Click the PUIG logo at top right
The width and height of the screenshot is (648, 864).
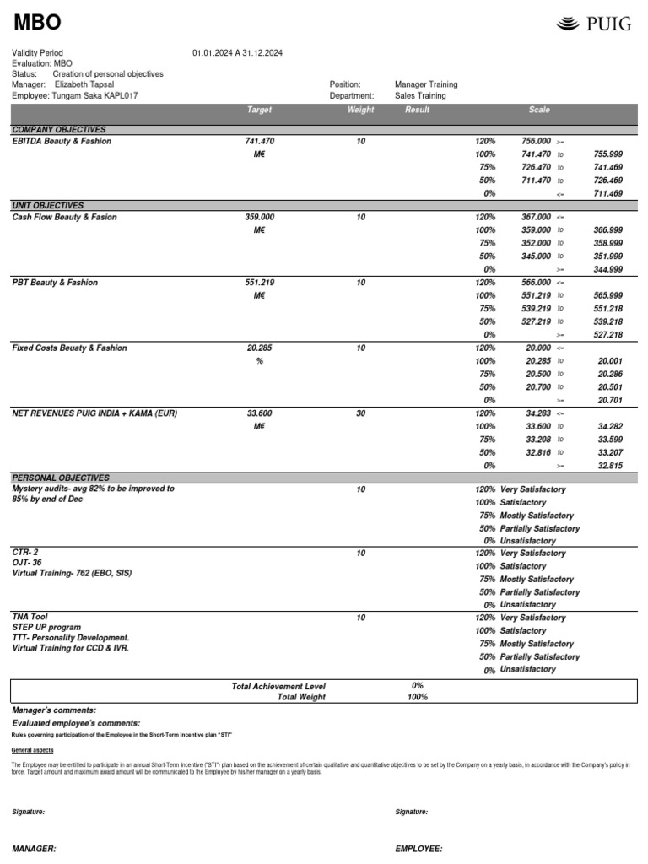point(594,24)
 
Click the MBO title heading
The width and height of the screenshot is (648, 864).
point(37,23)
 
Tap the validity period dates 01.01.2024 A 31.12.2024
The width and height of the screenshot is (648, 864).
point(237,53)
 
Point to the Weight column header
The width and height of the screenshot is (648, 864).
point(360,110)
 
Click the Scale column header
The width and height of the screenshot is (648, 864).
point(538,110)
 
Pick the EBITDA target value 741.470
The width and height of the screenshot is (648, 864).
point(260,142)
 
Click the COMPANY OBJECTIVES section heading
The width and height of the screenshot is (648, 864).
point(59,130)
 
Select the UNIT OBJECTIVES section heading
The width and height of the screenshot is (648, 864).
point(47,206)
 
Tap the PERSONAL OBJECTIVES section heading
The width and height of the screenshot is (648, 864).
point(61,478)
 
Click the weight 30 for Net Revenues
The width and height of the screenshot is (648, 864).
point(360,413)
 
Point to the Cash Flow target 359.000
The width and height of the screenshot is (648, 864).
point(260,218)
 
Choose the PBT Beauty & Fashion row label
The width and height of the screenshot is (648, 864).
point(55,283)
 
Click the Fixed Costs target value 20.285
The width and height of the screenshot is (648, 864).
point(260,348)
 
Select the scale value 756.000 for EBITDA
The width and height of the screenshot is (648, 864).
point(537,142)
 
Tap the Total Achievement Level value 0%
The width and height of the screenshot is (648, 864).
point(417,686)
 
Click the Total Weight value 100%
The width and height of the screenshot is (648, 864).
point(417,698)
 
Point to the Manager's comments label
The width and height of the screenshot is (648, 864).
point(54,710)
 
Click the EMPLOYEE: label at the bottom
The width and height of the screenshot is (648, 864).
point(418,849)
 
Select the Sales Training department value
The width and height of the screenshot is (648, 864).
point(420,96)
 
